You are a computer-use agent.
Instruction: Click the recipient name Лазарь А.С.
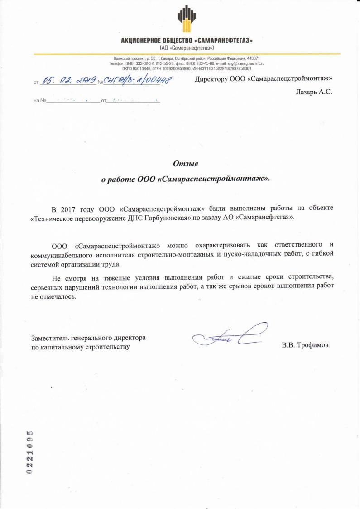pyautogui.click(x=313, y=92)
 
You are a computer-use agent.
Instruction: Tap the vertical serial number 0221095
pyautogui.click(x=30, y=451)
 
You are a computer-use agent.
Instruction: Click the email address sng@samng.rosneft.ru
pyautogui.click(x=245, y=64)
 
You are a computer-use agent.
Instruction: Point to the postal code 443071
pyautogui.click(x=252, y=59)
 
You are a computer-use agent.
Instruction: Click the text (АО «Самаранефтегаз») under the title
pyautogui.click(x=187, y=48)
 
